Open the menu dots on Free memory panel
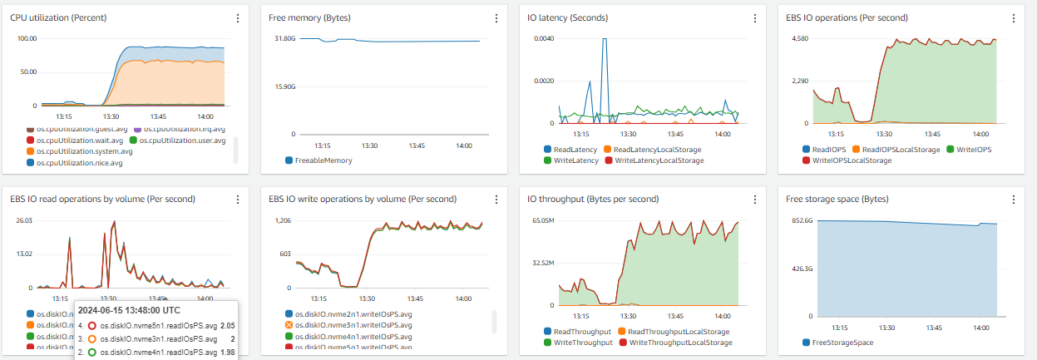496,17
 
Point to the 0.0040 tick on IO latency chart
543,39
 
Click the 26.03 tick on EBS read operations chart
24,220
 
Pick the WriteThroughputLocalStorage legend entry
680,342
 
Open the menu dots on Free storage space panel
1015,200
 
